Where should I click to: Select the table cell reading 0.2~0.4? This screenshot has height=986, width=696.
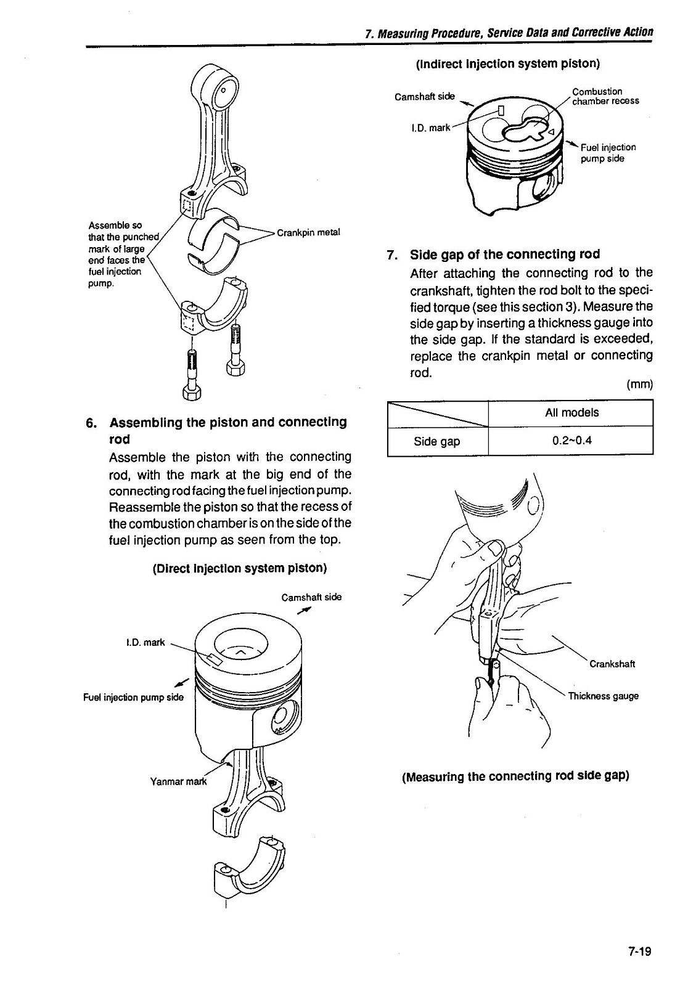pos(571,441)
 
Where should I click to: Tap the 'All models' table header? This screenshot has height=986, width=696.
pos(571,412)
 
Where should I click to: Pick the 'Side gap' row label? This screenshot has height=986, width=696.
pos(436,441)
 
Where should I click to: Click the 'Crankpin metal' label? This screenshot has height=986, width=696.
pos(308,232)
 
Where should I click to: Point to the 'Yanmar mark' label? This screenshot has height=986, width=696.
pos(179,781)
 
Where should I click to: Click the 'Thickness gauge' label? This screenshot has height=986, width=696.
pos(603,696)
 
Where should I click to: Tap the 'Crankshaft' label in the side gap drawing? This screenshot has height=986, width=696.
pos(612,664)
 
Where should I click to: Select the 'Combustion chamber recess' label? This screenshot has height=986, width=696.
pos(605,96)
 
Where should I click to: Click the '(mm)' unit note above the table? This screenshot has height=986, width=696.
pos(639,385)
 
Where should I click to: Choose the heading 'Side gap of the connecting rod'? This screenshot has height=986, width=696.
pos(504,255)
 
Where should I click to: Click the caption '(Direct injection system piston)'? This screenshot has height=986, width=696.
pos(239,568)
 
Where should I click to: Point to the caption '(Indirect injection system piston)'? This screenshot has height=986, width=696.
pos(508,63)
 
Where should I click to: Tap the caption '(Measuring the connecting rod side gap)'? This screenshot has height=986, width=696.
pos(515,776)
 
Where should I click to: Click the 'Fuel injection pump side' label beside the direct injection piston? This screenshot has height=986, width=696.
pos(133,697)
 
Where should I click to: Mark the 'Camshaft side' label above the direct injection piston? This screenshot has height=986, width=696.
pos(311,597)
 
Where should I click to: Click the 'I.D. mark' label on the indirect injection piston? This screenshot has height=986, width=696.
pos(430,128)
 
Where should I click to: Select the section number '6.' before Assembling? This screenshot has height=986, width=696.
pos(91,423)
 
